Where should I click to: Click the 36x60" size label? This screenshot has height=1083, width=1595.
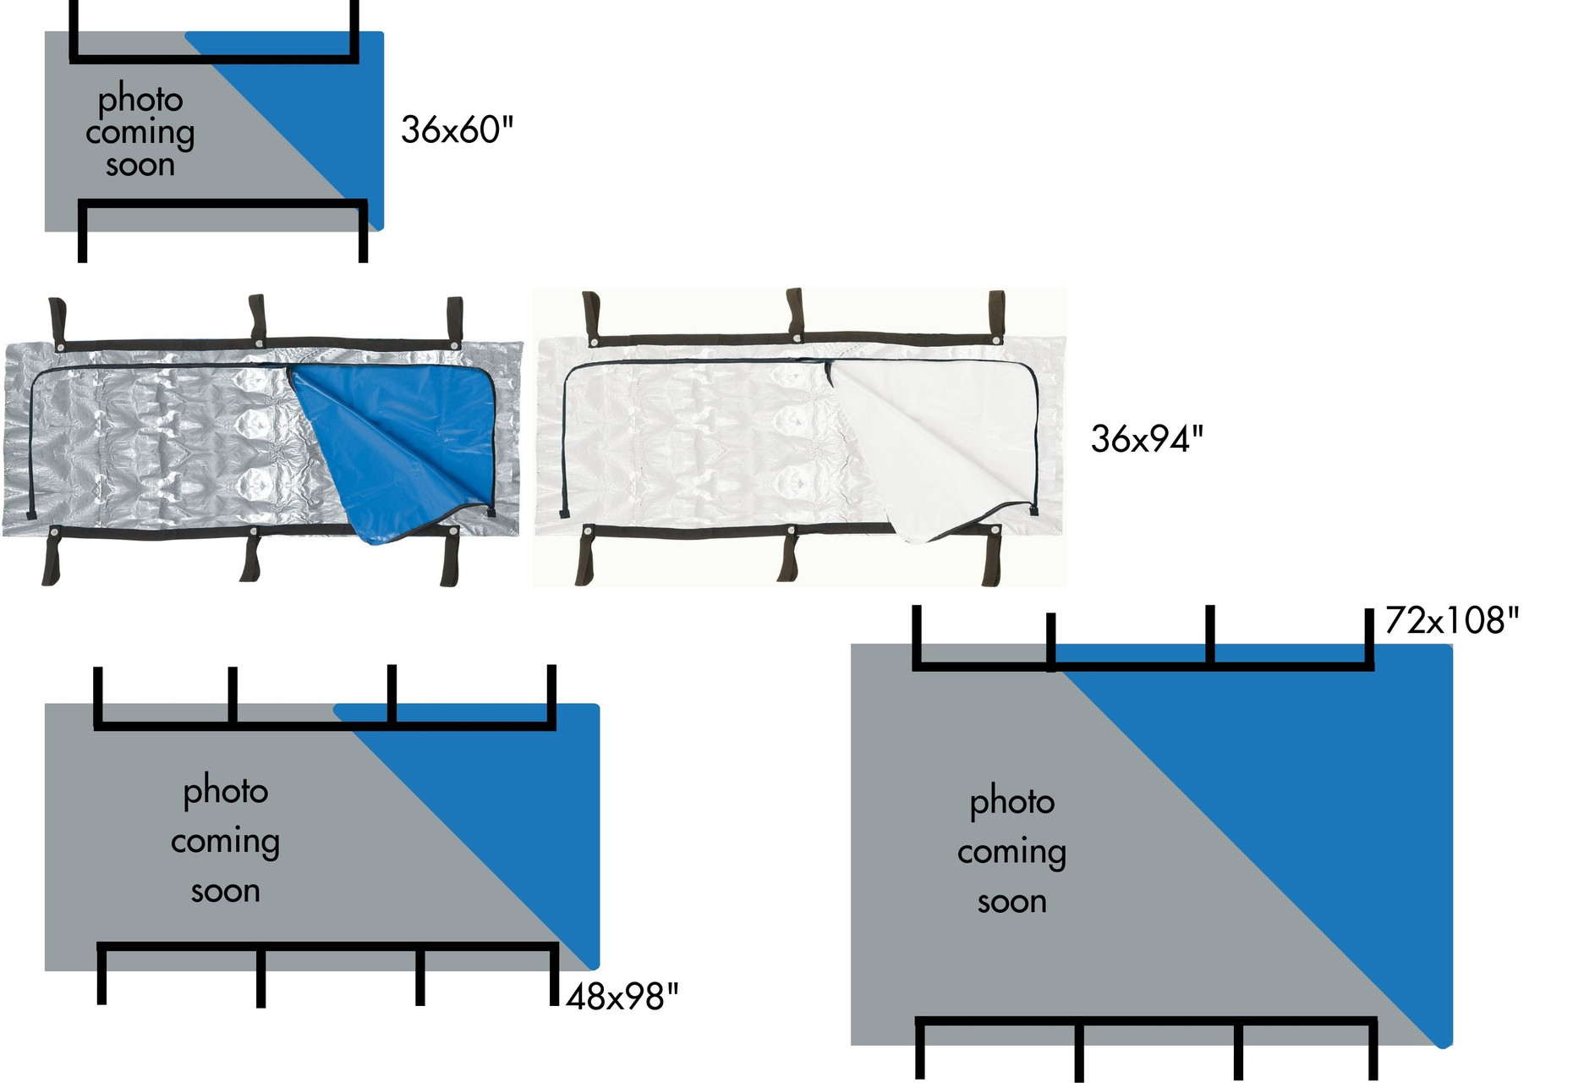pos(457,130)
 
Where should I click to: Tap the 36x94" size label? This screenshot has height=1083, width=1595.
pos(1147,439)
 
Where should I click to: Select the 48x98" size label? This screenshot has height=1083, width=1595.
pos(622,998)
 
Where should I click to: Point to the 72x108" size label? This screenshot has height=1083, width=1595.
pos(1451,621)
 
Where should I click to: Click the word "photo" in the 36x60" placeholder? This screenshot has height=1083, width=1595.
pos(140,100)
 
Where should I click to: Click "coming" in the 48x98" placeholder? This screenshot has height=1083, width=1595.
pos(225,842)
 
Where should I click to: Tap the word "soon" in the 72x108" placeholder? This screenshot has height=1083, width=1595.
pos(1012,902)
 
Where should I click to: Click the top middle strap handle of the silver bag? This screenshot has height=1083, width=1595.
pos(257,319)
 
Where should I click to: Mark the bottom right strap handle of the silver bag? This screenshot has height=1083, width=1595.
pos(450,557)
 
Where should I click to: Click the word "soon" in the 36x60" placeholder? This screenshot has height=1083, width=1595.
pos(140,165)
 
